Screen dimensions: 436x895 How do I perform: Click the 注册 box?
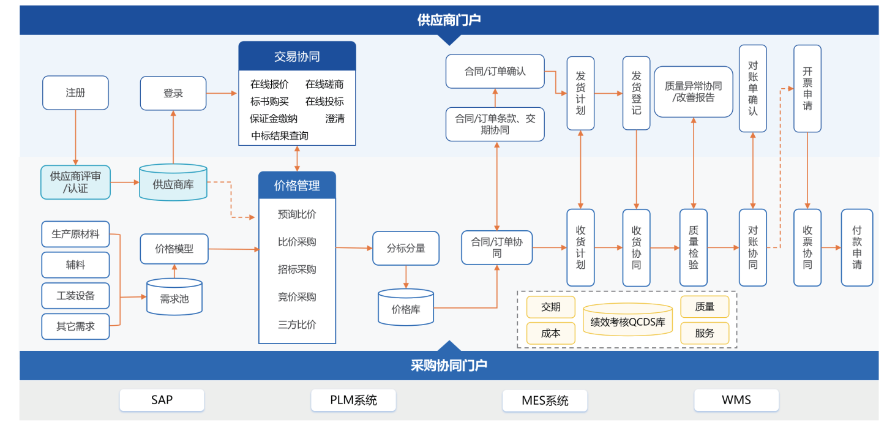click(x=75, y=93)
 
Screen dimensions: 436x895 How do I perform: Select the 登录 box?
click(x=173, y=93)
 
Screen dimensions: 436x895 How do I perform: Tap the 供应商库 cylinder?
click(x=173, y=183)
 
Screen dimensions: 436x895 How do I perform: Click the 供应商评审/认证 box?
click(x=75, y=182)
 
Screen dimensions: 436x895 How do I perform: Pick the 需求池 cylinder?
click(x=174, y=298)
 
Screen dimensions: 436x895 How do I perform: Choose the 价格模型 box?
click(x=174, y=249)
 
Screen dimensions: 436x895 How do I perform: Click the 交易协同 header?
click(x=297, y=56)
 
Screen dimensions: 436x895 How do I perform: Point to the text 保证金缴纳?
click(x=274, y=119)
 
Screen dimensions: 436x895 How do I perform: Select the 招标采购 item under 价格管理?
click(x=297, y=269)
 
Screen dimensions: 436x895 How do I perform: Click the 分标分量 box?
click(x=406, y=248)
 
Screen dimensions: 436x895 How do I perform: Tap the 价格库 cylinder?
click(x=406, y=309)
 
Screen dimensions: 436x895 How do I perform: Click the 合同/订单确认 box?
click(x=495, y=71)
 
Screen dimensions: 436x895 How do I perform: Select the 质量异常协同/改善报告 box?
click(x=693, y=92)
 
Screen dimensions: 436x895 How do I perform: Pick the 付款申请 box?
click(x=857, y=247)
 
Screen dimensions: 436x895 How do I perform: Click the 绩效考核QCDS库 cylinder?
click(x=627, y=320)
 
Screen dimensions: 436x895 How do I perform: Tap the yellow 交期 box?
click(x=551, y=307)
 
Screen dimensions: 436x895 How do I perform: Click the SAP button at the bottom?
click(x=162, y=400)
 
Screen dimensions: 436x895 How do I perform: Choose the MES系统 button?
click(x=545, y=400)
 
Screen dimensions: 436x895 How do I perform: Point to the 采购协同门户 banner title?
click(x=449, y=366)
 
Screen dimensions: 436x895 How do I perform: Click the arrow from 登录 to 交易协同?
click(x=222, y=93)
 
